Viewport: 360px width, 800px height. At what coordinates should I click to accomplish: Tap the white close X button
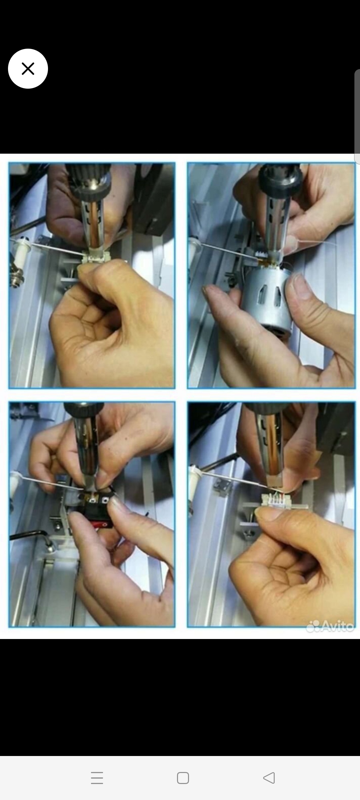pyautogui.click(x=28, y=69)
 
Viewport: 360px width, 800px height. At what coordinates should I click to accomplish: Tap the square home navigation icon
pyautogui.click(x=183, y=778)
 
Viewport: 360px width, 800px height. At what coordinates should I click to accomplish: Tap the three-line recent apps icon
pyautogui.click(x=97, y=778)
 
